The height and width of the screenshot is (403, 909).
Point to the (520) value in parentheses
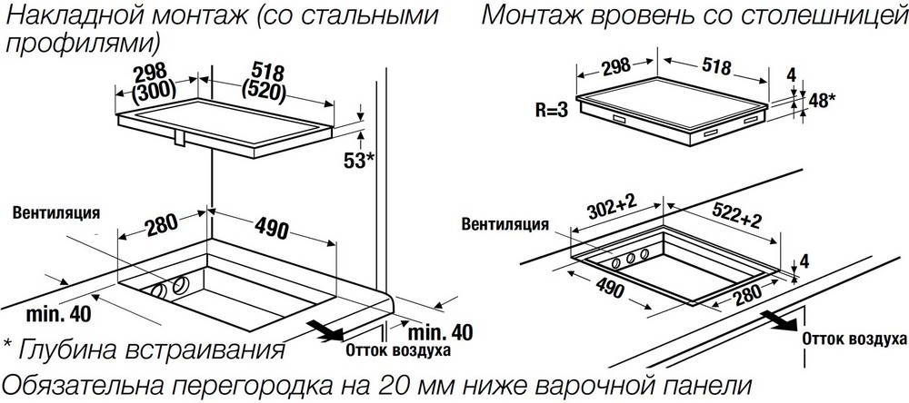(x=263, y=92)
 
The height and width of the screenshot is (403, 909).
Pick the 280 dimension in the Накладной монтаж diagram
(x=157, y=227)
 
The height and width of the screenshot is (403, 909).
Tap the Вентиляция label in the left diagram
(x=56, y=212)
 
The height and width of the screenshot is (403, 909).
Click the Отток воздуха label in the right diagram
(x=854, y=339)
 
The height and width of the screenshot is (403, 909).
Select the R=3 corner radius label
(x=552, y=111)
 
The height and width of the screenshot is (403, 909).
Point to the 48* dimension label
(x=822, y=101)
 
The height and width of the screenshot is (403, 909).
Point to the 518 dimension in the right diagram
(x=716, y=66)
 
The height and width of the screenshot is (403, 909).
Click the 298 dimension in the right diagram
(x=615, y=66)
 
